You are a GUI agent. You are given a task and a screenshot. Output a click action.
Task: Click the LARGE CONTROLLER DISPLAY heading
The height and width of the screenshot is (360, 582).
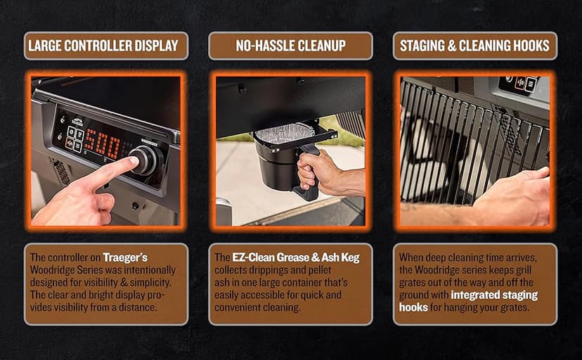click(103, 46)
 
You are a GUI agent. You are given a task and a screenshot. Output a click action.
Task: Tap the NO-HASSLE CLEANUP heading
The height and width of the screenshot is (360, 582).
click(290, 46)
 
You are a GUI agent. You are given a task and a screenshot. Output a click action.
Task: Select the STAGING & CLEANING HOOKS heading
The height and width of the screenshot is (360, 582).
click(474, 46)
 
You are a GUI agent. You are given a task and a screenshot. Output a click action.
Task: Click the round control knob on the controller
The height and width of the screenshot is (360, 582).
click(148, 160)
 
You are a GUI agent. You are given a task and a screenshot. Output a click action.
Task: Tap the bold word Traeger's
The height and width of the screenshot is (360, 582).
click(125, 257)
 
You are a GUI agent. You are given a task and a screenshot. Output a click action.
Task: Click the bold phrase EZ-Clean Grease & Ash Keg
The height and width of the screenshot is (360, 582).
click(296, 257)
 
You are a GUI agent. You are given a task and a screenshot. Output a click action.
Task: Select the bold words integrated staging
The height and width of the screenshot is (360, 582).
click(494, 295)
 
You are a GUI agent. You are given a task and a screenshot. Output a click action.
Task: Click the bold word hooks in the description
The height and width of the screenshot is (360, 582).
click(413, 307)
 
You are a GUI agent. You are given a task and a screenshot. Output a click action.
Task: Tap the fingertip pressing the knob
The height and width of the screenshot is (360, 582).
click(133, 162)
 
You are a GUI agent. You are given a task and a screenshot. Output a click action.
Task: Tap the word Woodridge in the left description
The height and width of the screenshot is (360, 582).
click(53, 270)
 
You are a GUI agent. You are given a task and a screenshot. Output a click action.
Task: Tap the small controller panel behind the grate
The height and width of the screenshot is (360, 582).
click(518, 84)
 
